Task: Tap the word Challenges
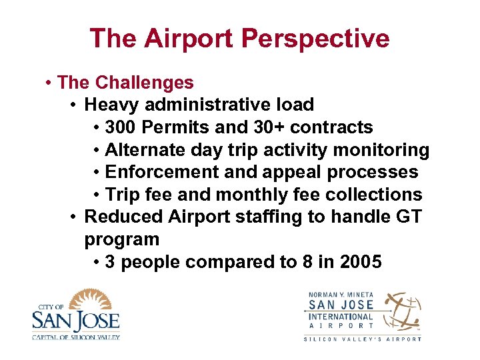tap(144, 83)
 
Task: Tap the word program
tap(122, 239)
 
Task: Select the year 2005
tap(361, 262)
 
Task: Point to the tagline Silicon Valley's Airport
tap(363, 339)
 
